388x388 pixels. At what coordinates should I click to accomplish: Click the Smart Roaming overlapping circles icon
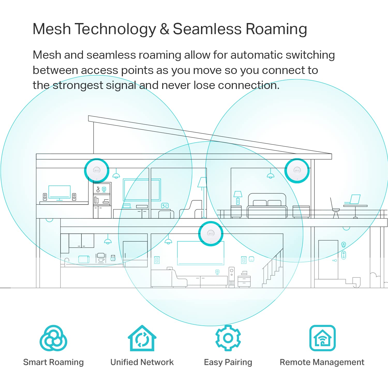point(53,338)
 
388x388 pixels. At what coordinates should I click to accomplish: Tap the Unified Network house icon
point(142,338)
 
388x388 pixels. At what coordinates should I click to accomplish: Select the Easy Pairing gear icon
point(228,338)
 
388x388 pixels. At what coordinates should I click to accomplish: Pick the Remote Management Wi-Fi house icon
point(322,338)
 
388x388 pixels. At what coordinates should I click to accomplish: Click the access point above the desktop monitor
point(97,171)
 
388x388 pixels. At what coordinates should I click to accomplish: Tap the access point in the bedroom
point(297,171)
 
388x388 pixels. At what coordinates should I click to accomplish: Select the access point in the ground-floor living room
point(211,234)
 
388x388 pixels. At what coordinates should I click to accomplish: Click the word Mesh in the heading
point(52,29)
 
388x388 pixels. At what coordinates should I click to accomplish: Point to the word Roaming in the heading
point(276,29)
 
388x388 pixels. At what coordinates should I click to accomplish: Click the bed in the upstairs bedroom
point(267,205)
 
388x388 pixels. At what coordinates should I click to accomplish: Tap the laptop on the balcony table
point(352,199)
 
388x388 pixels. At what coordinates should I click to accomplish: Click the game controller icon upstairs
point(165,206)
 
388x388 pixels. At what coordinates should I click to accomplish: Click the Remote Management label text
point(322,362)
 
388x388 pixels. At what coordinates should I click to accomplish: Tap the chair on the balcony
point(335,208)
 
